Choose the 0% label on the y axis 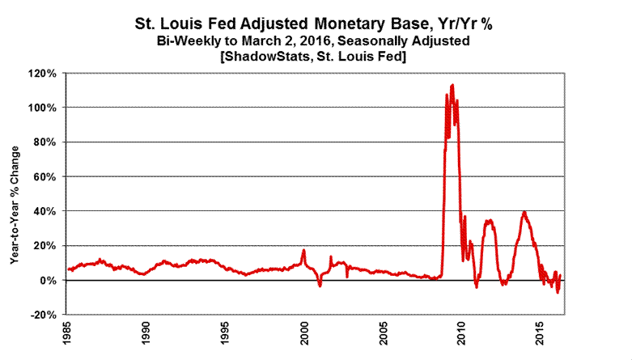coord(49,280)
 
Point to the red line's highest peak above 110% coord(452,84)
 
